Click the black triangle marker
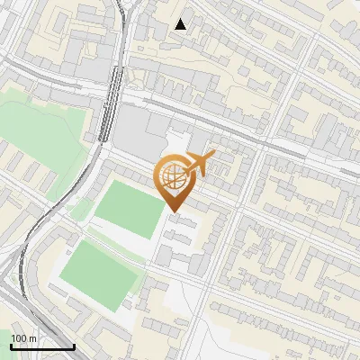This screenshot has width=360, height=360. tap(181, 24)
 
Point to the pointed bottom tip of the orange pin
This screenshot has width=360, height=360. tap(174, 212)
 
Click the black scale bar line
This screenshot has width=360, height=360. tap(41, 346)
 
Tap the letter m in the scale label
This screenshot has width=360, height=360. tap(32, 338)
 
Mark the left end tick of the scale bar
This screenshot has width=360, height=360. tap(10, 345)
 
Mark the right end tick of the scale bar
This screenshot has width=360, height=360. tap(74, 345)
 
